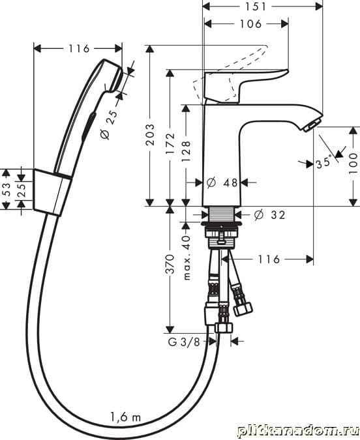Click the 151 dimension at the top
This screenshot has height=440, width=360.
click(256, 7)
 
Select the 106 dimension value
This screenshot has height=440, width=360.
click(250, 24)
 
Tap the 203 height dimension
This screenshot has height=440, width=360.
click(151, 135)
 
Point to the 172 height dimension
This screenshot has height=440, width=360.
click(170, 143)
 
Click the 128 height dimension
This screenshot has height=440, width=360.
click(186, 151)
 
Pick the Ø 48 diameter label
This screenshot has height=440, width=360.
click(222, 183)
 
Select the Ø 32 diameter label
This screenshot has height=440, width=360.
click(269, 215)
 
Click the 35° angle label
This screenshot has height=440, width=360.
click(323, 163)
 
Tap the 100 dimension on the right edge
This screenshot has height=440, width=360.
click(353, 164)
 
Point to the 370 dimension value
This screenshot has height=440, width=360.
click(170, 264)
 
